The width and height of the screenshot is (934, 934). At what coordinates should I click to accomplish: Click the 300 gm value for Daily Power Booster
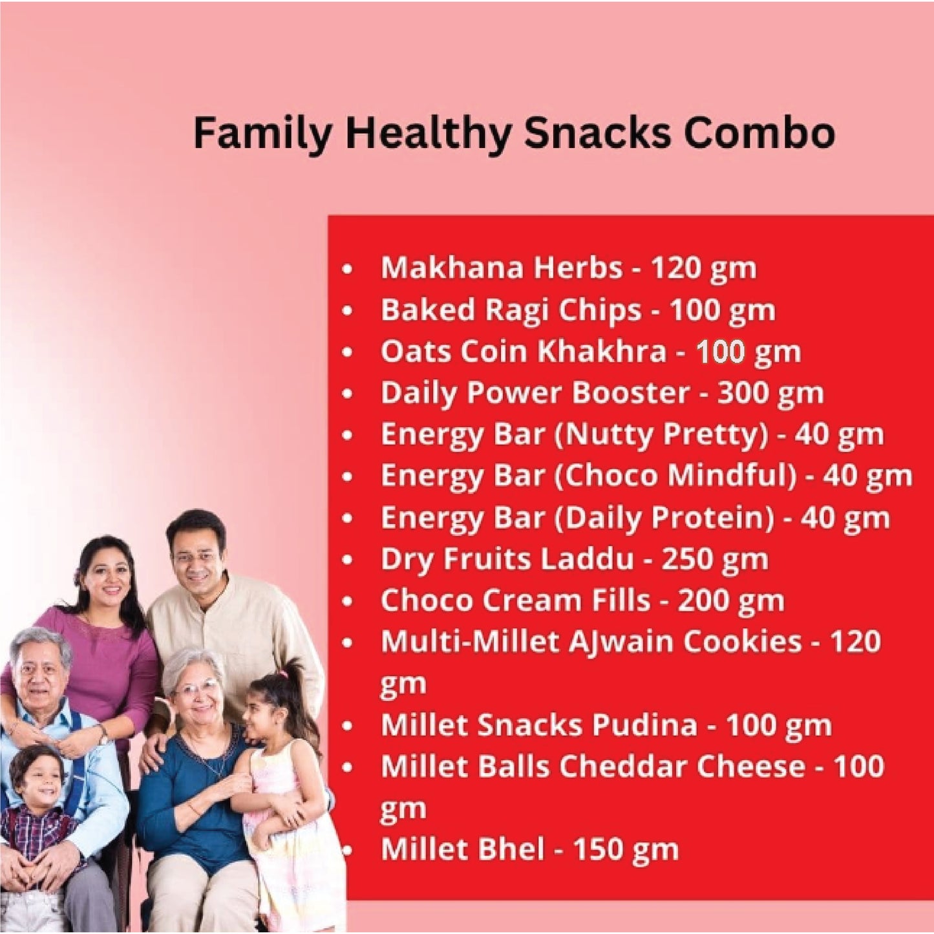point(770,393)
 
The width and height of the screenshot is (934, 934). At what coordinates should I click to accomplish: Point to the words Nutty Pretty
point(661,435)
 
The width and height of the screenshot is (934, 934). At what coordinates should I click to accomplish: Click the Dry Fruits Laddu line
point(574,560)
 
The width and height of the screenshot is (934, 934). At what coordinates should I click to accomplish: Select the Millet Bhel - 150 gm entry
point(529,849)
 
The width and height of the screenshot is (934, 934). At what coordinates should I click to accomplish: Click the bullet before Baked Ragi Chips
point(348,311)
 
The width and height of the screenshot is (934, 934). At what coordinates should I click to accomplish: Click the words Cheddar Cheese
point(682,767)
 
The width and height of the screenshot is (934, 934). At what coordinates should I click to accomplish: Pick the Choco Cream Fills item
point(582,601)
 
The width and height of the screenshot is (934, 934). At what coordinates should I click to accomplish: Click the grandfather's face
point(40,672)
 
